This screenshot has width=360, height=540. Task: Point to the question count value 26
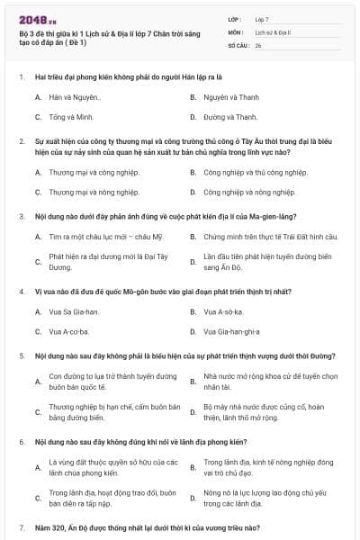point(258,44)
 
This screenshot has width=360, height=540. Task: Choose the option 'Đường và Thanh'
point(230,117)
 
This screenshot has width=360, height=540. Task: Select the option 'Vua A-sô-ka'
point(225,311)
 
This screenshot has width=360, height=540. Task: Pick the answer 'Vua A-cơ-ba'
point(71,332)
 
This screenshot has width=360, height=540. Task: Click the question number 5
point(22,356)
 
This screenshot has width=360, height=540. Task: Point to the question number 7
point(22,526)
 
